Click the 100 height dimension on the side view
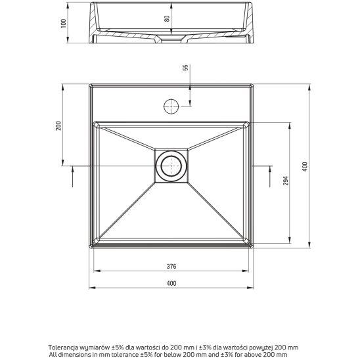(64, 23)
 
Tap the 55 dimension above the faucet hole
(185, 68)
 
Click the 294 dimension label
(285, 182)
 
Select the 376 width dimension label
(171, 267)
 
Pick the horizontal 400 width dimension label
(171, 284)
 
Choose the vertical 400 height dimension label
(304, 167)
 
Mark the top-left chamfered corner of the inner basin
(97, 124)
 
